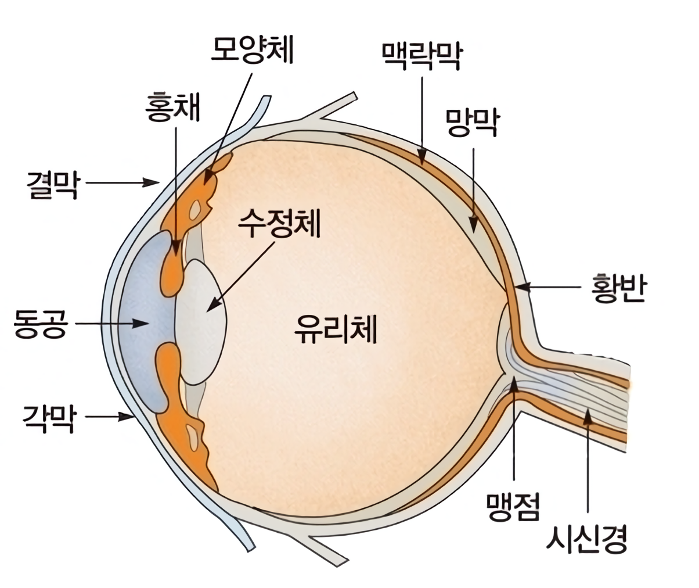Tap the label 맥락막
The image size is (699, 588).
pos(421,56)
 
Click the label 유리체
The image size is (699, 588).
pos(336,329)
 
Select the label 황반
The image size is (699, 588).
pos(618,288)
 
